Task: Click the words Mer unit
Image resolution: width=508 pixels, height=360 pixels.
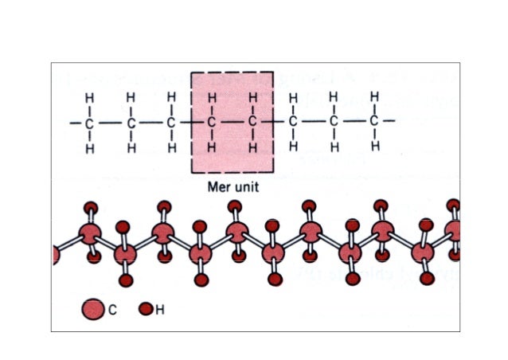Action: [x=233, y=187]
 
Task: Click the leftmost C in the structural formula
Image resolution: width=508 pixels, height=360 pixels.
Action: [x=89, y=123]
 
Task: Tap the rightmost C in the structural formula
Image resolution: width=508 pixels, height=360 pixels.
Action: [x=374, y=121]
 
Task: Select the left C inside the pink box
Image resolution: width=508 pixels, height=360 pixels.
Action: [x=211, y=123]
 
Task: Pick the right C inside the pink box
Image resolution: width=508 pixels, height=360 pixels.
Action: [x=252, y=122]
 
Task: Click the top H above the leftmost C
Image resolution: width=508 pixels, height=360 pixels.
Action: [x=89, y=98]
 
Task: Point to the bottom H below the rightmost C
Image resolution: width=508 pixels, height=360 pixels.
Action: [x=375, y=147]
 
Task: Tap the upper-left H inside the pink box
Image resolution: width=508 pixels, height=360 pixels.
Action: [x=212, y=97]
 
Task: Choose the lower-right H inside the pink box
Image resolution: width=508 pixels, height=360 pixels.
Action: [x=252, y=148]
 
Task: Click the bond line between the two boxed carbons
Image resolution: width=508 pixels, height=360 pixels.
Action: [x=232, y=122]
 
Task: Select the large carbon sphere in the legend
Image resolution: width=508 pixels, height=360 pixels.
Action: [x=93, y=309]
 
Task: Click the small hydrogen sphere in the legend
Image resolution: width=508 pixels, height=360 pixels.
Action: [x=146, y=309]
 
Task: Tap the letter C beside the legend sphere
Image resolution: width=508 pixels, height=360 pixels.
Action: [x=112, y=310]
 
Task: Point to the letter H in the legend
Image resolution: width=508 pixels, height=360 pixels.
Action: [x=160, y=310]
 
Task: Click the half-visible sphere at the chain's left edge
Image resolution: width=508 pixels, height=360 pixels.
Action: [x=56, y=255]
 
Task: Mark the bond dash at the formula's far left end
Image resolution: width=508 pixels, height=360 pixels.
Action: [x=76, y=123]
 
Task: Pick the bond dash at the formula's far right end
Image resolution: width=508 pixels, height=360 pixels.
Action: [x=389, y=121]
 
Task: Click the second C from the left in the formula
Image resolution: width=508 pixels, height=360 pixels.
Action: [x=131, y=123]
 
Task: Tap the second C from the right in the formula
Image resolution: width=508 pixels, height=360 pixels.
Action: [x=334, y=122]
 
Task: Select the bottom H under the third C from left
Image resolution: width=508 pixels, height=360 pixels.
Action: [x=172, y=148]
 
